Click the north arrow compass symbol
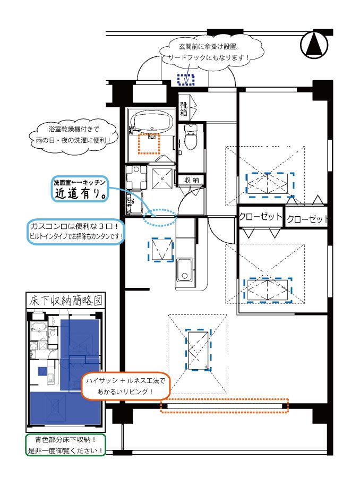[x=314, y=45]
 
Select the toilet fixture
[x=191, y=137]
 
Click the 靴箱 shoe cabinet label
[x=184, y=109]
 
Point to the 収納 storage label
[x=191, y=180]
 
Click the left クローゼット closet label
[x=261, y=217]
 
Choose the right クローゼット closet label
[x=307, y=219]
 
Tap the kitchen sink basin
[x=185, y=269]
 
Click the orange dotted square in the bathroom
[x=149, y=143]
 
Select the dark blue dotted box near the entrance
[x=186, y=80]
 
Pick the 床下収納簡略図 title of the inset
[x=65, y=300]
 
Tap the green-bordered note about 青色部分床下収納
[x=65, y=445]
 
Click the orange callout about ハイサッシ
[x=125, y=386]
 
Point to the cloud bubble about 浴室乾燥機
[x=74, y=134]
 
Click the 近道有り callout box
[x=80, y=189]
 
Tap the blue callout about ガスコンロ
[x=76, y=232]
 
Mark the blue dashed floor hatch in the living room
[x=198, y=350]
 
